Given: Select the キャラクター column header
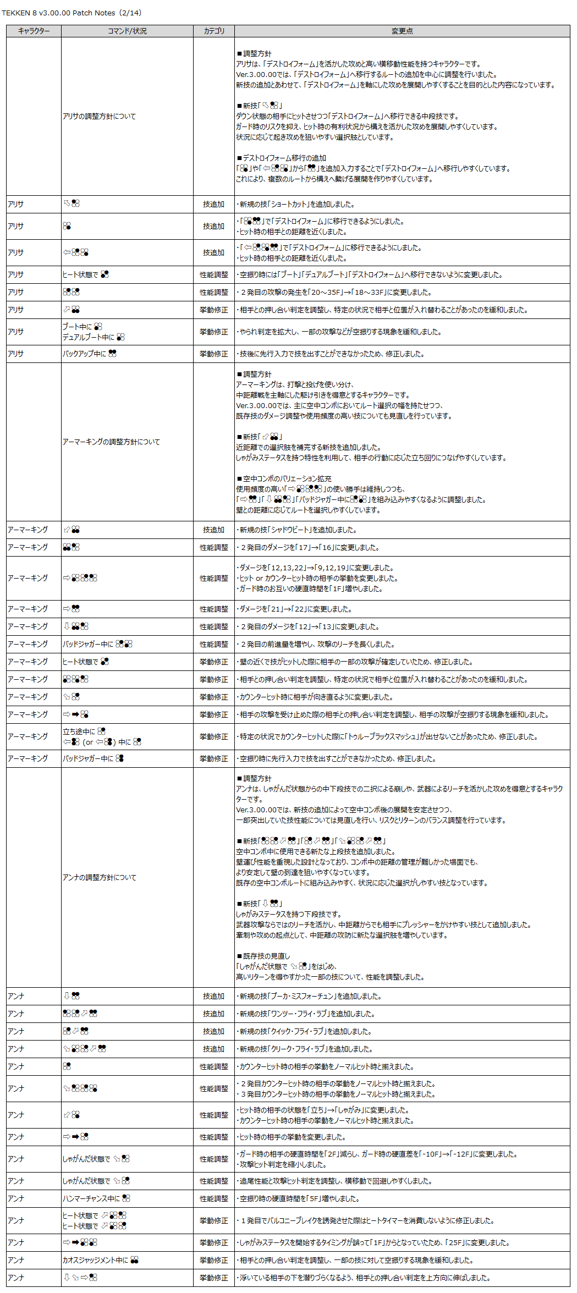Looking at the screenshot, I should point(34,31).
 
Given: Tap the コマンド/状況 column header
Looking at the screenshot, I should point(127,31).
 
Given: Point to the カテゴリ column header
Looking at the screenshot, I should point(214,31).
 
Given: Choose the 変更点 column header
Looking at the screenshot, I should point(402,31).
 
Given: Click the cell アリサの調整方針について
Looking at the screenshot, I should point(99,116).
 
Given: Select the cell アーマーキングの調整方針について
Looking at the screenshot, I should point(111,442).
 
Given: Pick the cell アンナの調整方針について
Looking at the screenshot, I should point(100,877).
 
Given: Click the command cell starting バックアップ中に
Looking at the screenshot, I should point(90,354).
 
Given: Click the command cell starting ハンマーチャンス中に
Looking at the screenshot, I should point(96,1198).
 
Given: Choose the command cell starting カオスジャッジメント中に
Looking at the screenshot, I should point(100,1260).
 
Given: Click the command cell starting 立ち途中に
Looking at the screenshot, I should point(102,736).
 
